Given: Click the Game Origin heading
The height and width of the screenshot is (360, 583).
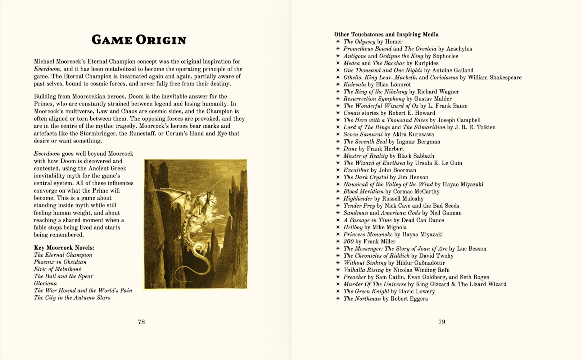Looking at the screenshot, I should (139, 40).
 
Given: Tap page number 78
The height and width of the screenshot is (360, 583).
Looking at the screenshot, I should (141, 322).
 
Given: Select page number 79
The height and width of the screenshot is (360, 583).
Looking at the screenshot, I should (442, 322).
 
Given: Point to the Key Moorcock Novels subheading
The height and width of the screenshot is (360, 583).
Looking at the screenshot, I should (64, 248).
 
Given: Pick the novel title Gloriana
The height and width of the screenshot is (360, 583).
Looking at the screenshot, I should (45, 283).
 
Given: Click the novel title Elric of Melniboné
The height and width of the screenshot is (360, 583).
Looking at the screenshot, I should (58, 269).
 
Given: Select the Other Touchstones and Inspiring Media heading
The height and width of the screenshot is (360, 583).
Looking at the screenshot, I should (386, 35).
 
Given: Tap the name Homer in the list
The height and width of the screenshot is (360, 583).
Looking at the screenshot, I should (394, 42).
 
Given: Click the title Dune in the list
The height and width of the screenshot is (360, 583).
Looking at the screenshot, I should (350, 149).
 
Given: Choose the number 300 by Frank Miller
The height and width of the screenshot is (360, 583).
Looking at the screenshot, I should (348, 242).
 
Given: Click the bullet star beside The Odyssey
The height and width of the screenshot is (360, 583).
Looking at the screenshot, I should (338, 42).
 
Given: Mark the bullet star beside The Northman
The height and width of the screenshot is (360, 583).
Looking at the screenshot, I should (338, 299).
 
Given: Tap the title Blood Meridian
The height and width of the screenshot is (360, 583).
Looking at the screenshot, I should (363, 192).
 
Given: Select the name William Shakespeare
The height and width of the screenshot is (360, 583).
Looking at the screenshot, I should (494, 77).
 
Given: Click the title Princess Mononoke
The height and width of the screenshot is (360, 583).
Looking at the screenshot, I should (368, 234).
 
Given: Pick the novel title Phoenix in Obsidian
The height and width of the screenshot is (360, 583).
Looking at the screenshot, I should (60, 262).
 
